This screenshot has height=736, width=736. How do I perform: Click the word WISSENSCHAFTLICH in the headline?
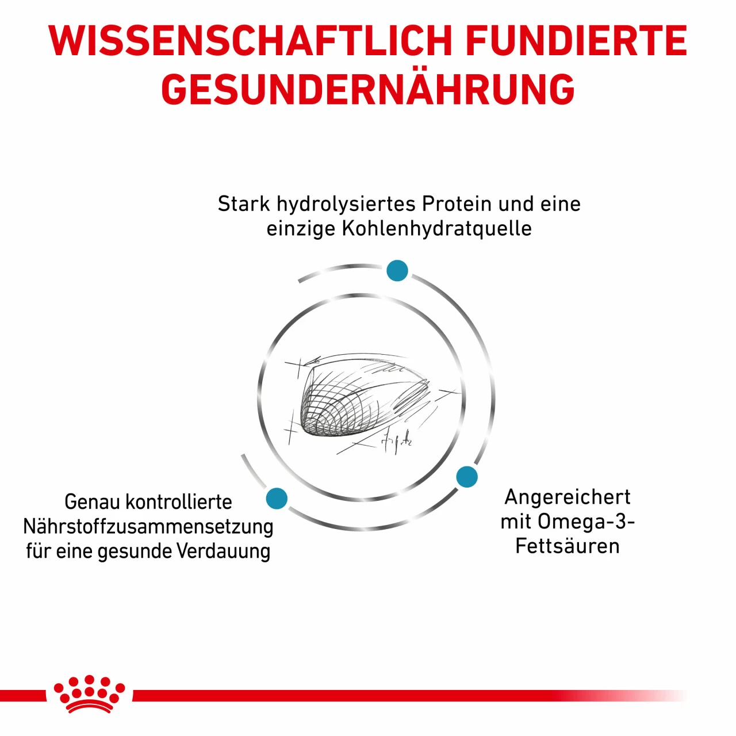[x=250, y=41]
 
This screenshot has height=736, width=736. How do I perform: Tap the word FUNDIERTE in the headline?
[x=576, y=41]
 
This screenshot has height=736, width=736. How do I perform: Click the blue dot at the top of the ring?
[x=397, y=270]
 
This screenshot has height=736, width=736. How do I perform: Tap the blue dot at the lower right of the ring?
[x=467, y=477]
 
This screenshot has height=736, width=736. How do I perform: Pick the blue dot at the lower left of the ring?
[x=277, y=499]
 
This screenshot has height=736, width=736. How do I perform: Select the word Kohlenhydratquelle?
[x=436, y=229]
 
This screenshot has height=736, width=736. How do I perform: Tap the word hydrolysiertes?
[x=346, y=205]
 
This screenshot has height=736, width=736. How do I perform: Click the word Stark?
[x=244, y=204]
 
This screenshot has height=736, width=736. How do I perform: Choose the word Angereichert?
[x=567, y=497]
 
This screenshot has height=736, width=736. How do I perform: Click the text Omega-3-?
[x=586, y=522]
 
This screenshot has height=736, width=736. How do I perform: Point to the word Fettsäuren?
[x=567, y=546]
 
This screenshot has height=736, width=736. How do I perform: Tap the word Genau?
[x=93, y=502]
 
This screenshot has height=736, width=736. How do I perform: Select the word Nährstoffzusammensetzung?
[x=148, y=527]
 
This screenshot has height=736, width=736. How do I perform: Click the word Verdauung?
[x=223, y=551]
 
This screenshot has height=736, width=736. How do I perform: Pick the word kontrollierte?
[x=178, y=501]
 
